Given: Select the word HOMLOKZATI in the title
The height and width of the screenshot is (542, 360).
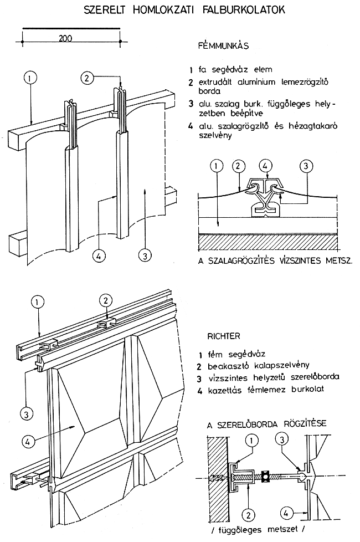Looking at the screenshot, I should (164, 9).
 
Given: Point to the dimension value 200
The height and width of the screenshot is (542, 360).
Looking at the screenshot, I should (67, 38).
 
